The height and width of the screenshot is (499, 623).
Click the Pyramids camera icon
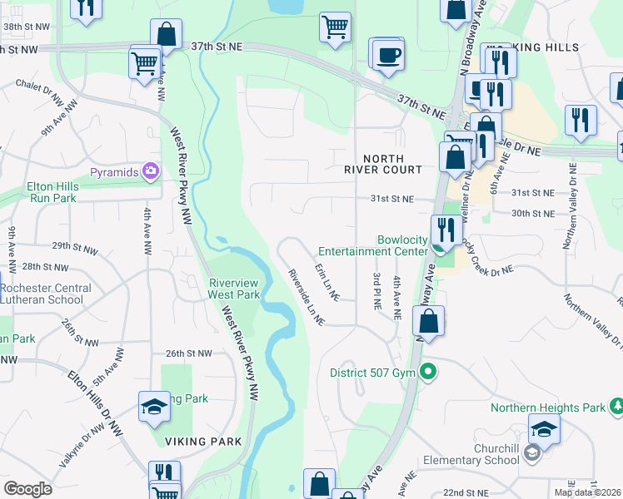click(151, 172)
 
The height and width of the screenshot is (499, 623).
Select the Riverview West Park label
click(236, 288)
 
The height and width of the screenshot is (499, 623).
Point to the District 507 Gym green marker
click(428, 372)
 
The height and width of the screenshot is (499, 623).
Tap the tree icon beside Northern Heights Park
click(617, 407)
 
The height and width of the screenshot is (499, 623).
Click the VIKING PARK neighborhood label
click(203, 441)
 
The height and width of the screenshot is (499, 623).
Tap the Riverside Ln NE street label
click(305, 296)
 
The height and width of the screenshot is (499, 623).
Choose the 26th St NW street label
click(189, 353)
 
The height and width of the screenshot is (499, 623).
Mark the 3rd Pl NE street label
click(377, 291)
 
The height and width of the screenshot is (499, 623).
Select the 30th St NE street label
click(532, 214)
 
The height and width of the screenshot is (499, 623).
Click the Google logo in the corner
click(27, 489)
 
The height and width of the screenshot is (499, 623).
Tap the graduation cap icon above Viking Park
click(154, 407)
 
